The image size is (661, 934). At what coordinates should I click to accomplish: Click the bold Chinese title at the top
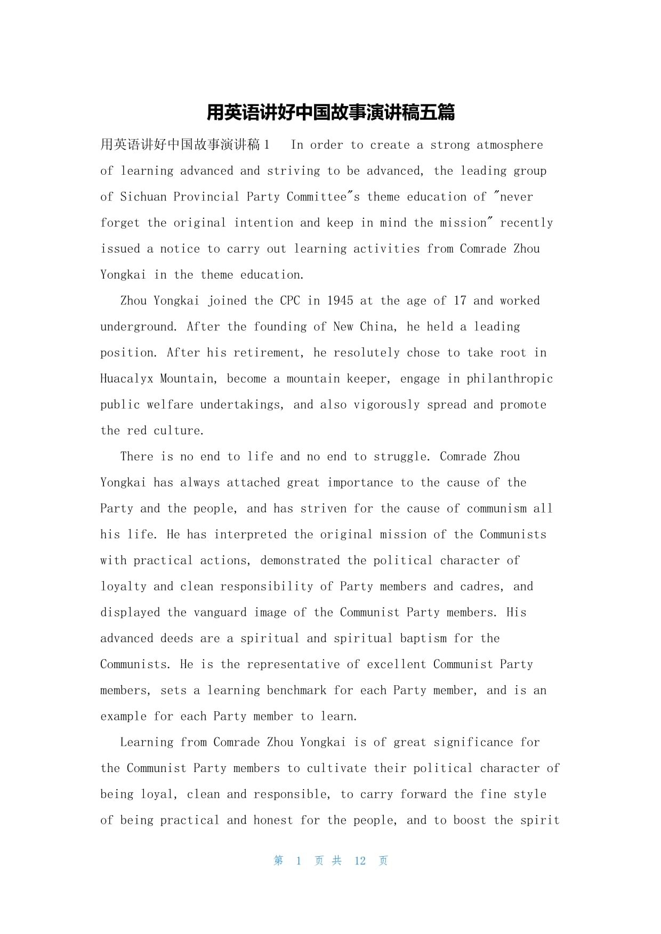point(330,113)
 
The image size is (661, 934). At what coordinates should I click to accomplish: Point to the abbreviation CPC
point(290,301)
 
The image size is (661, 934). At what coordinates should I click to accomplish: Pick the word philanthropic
point(510,379)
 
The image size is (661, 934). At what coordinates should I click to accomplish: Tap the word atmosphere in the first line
point(510,145)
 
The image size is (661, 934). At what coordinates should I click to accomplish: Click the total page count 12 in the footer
point(360,861)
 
